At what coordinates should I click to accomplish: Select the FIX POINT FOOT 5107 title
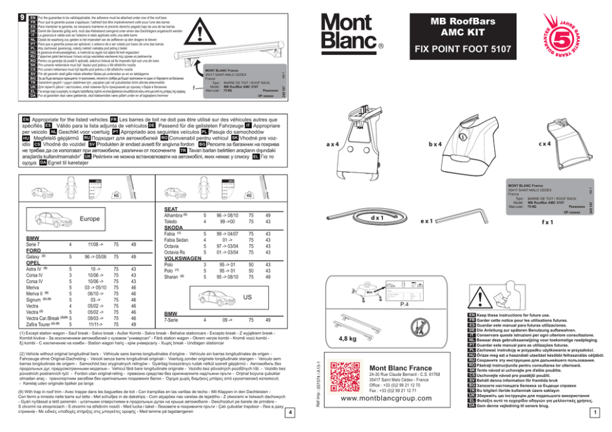[x=453, y=47]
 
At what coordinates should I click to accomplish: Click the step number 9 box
[x=22, y=9]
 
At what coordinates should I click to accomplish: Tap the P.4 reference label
[x=405, y=304]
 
